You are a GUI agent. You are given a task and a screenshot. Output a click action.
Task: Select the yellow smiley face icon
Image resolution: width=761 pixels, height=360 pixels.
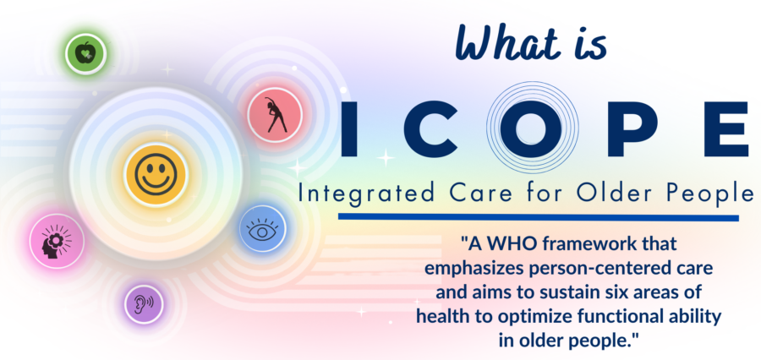[x=156, y=175]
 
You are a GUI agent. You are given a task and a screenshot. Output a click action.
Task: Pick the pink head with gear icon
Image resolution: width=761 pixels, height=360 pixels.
[x=57, y=240]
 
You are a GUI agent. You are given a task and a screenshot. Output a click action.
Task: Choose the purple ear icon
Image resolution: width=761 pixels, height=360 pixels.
[x=144, y=303]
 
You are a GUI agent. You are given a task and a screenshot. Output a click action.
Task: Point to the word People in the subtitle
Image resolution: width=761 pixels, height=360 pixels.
[x=709, y=194]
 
